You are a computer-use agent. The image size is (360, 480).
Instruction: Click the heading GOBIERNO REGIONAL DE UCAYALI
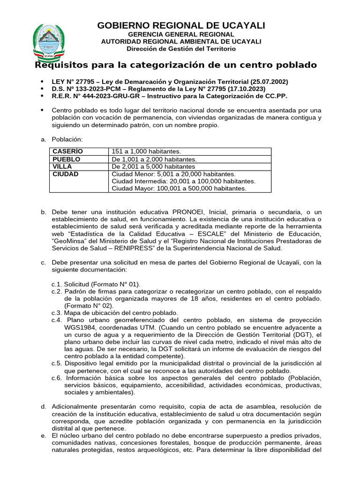pyautogui.click(x=181, y=25)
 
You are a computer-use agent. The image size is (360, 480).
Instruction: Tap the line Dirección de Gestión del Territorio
pyautogui.click(x=181, y=49)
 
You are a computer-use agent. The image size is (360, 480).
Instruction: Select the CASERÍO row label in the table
pyautogui.click(x=67, y=151)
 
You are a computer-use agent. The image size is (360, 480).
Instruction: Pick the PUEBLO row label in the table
pyautogui.click(x=67, y=159)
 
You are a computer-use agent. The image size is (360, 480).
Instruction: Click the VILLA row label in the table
pyautogui.click(x=62, y=166)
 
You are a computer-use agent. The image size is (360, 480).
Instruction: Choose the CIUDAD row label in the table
pyautogui.click(x=66, y=174)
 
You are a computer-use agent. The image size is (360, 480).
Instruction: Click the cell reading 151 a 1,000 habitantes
pyautogui.click(x=146, y=151)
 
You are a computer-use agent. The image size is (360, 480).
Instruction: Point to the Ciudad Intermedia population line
pyautogui.click(x=183, y=181)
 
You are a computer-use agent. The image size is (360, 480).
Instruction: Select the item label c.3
pyautogui.click(x=57, y=313)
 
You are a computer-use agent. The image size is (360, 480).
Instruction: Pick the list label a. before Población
pyautogui.click(x=44, y=139)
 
